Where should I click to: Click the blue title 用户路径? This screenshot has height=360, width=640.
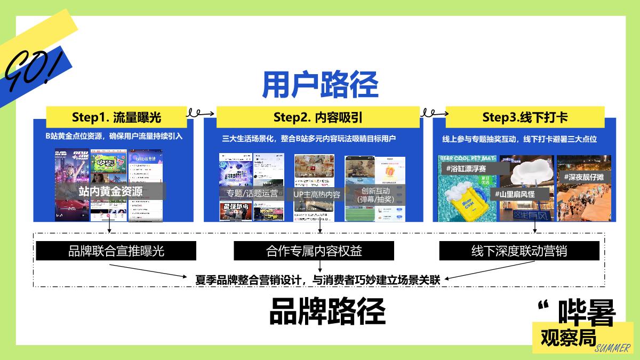[x=320, y=84]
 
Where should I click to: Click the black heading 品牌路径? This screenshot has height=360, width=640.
[x=327, y=311]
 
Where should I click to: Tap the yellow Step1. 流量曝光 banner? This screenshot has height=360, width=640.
[x=116, y=117]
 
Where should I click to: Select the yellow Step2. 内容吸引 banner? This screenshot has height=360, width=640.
[x=318, y=117]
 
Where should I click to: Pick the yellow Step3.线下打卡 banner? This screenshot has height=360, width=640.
[x=525, y=117]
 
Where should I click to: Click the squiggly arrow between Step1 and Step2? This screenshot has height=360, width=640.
[x=201, y=113]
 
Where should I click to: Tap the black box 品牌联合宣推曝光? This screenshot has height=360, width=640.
[x=116, y=251]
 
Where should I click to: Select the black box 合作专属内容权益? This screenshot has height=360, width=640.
[x=314, y=251]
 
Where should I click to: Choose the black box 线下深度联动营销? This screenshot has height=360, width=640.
[x=519, y=251]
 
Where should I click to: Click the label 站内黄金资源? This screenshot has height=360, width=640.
[x=110, y=191]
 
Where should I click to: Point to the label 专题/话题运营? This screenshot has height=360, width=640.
[x=249, y=194]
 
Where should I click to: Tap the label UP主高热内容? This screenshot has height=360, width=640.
[x=317, y=195]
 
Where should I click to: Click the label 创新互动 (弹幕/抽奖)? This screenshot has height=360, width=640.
[x=375, y=195]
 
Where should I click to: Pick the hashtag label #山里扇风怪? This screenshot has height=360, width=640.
[x=515, y=194]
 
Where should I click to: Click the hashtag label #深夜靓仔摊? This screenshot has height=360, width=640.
[x=584, y=177]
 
